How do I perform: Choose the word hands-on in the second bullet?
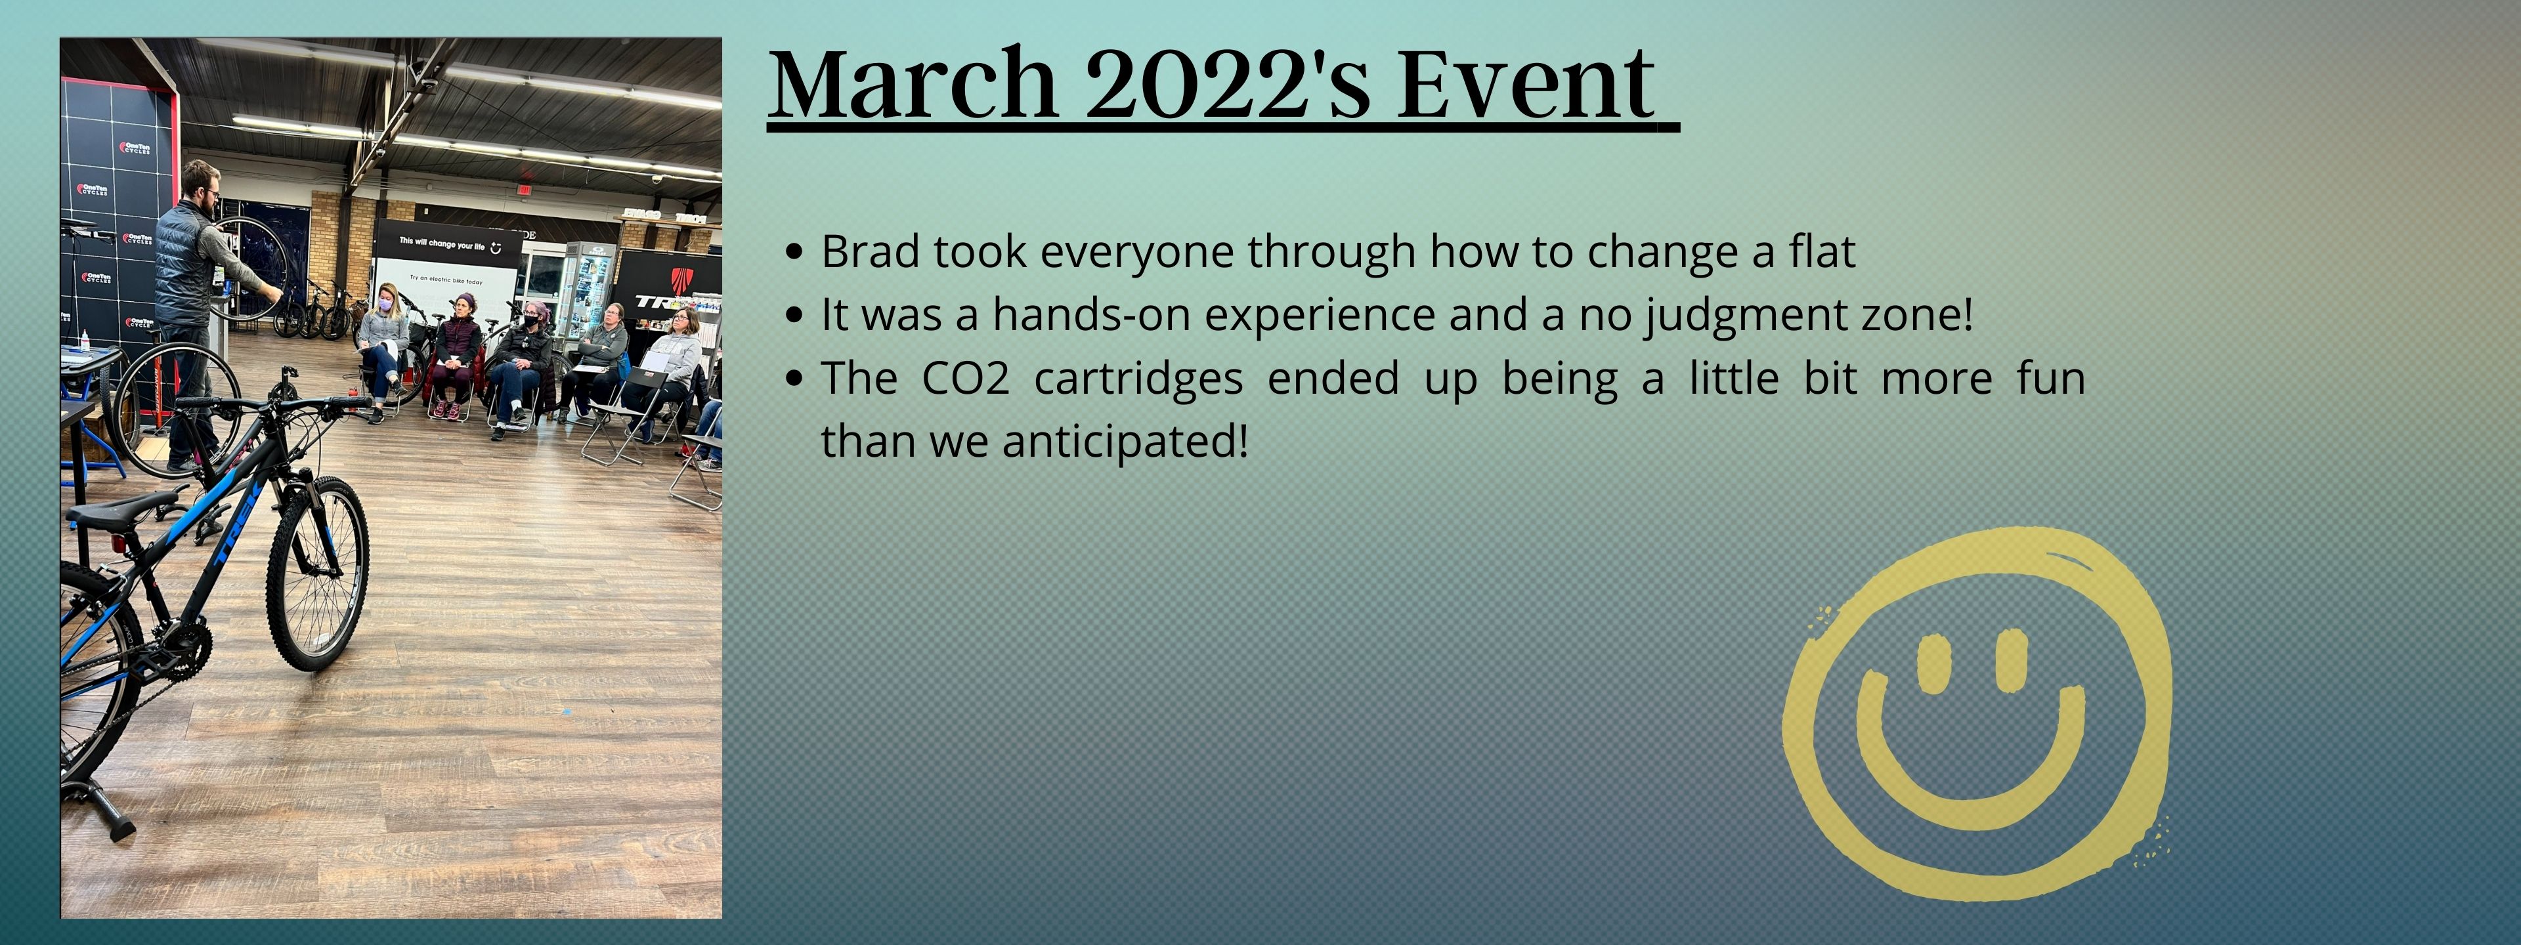tap(1090, 314)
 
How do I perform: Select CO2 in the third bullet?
tap(965, 379)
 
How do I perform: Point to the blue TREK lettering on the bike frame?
tap(235, 524)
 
